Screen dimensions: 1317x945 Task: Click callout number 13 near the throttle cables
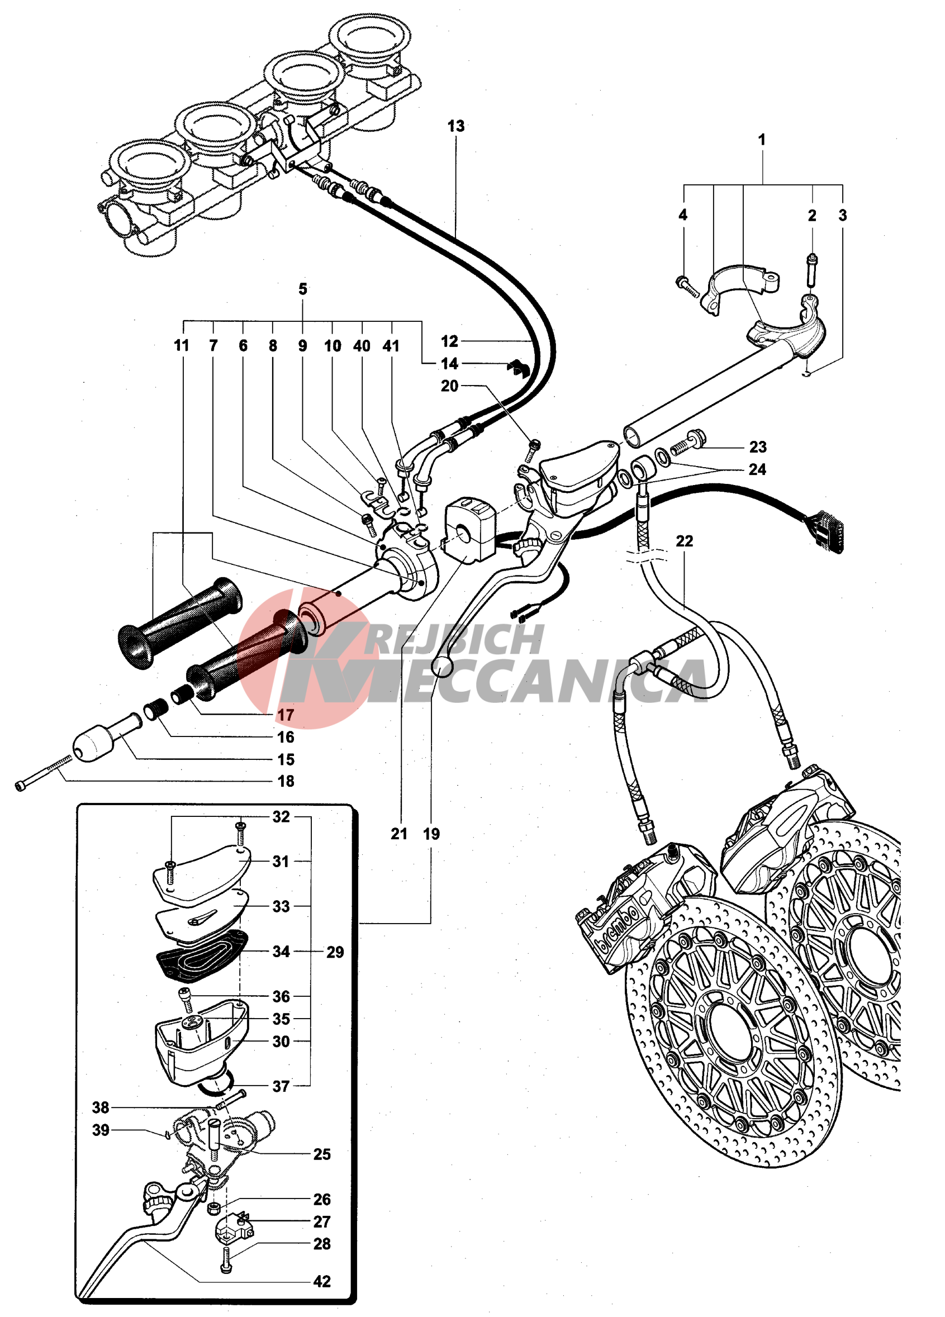pos(455,126)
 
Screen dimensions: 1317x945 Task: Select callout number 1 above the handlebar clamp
pos(762,140)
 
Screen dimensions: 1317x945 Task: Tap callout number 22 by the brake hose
pos(684,541)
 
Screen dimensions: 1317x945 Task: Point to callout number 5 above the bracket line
pos(302,289)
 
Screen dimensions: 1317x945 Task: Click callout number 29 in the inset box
pos(335,952)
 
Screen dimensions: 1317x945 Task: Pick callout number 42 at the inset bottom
pos(322,1281)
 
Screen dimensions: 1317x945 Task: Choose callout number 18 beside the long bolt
pos(286,781)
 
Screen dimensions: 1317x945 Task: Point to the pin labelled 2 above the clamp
pos(811,269)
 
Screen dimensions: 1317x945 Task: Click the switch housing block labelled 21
pos(469,529)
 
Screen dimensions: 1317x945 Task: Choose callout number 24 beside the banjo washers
pos(757,469)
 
